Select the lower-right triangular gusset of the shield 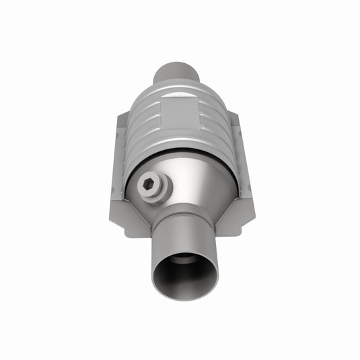[x=232, y=215]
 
